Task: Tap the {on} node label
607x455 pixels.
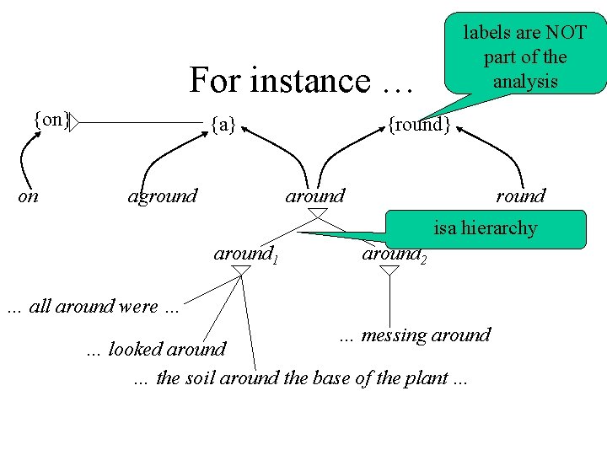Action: click(51, 120)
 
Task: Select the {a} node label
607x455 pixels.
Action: click(223, 126)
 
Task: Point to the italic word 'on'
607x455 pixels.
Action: click(29, 196)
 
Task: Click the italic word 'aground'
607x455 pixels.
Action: click(162, 196)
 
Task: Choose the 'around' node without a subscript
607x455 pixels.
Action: click(315, 196)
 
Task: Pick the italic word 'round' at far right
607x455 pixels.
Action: click(520, 196)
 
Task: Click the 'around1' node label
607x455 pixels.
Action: click(245, 254)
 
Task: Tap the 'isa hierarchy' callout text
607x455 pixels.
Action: click(485, 228)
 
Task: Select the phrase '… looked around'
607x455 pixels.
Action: click(157, 349)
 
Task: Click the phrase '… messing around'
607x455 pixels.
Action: click(415, 335)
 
